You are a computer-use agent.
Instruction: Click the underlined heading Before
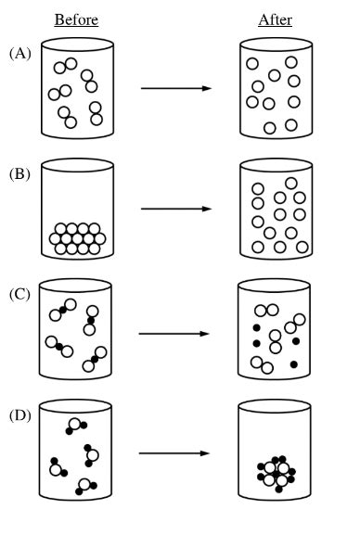point(76,19)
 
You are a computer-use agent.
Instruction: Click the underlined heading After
point(275,19)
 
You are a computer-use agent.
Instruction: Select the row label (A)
point(20,53)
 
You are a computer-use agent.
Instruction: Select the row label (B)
point(20,173)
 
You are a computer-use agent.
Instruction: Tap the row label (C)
point(20,294)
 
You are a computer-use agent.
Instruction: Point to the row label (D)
point(20,414)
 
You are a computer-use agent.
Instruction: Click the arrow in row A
point(175,89)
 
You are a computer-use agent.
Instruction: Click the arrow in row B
point(175,209)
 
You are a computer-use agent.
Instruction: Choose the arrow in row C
point(175,333)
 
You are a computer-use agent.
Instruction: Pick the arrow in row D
point(175,453)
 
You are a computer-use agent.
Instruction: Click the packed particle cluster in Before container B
point(77,238)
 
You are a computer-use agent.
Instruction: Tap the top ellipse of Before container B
point(77,166)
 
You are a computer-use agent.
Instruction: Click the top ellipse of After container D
point(276,407)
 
